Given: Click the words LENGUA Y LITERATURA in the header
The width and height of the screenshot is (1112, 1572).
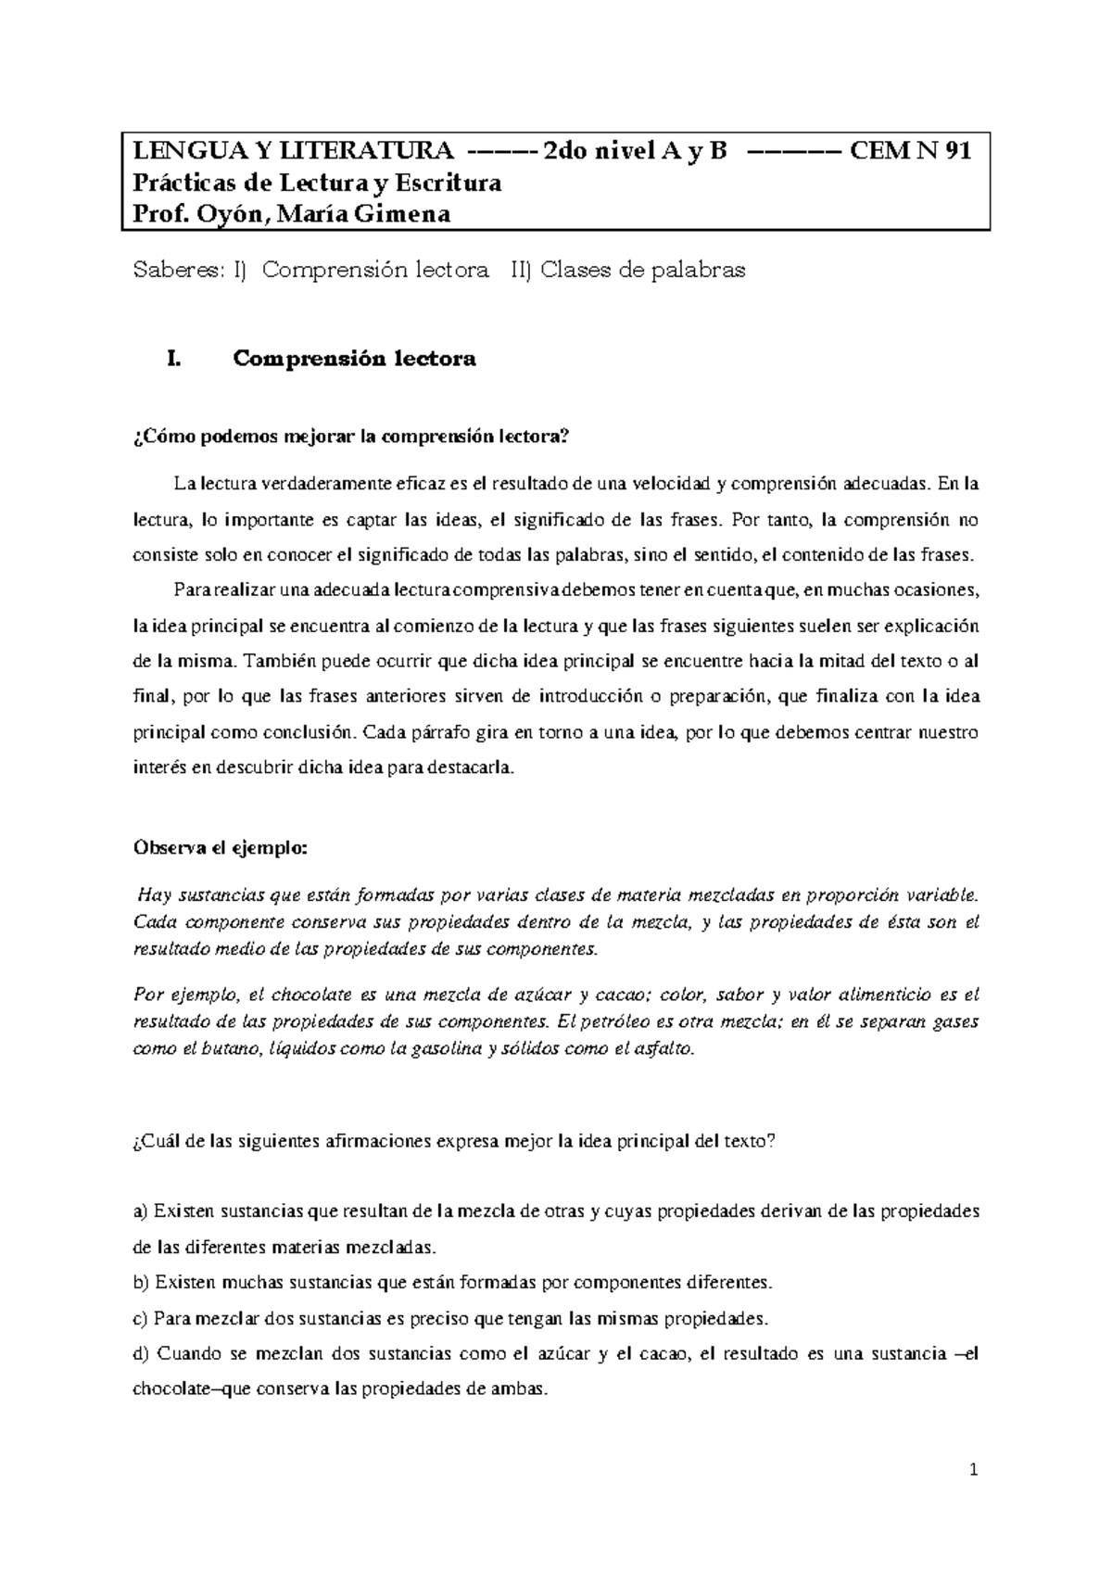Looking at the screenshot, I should pyautogui.click(x=295, y=151).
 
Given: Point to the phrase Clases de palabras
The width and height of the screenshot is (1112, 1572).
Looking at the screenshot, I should pyautogui.click(x=642, y=271).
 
